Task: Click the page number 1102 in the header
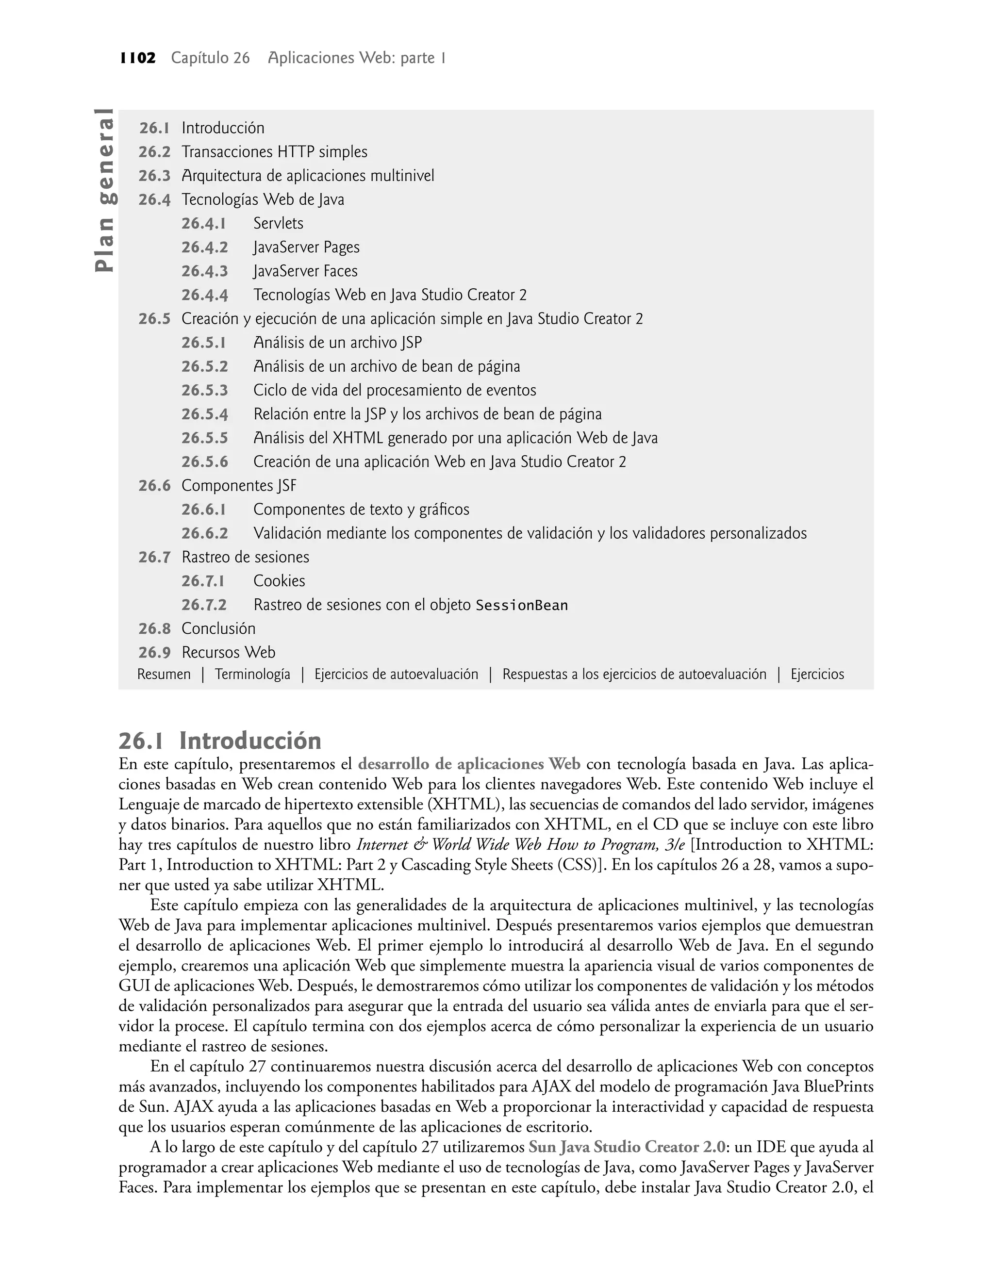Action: (x=138, y=58)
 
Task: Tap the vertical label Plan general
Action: (x=105, y=190)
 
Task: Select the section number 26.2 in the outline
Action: (x=154, y=152)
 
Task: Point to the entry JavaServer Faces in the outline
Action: (x=306, y=272)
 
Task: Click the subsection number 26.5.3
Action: (x=204, y=390)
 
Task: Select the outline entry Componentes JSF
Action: (x=239, y=486)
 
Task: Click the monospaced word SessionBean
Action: (x=521, y=606)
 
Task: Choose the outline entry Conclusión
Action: (x=218, y=629)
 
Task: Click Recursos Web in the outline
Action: (x=228, y=653)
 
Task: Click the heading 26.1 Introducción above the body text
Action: (x=220, y=741)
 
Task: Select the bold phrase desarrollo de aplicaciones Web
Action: (x=469, y=764)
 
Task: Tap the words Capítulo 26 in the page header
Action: (x=210, y=58)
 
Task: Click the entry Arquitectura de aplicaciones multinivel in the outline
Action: (x=308, y=176)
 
